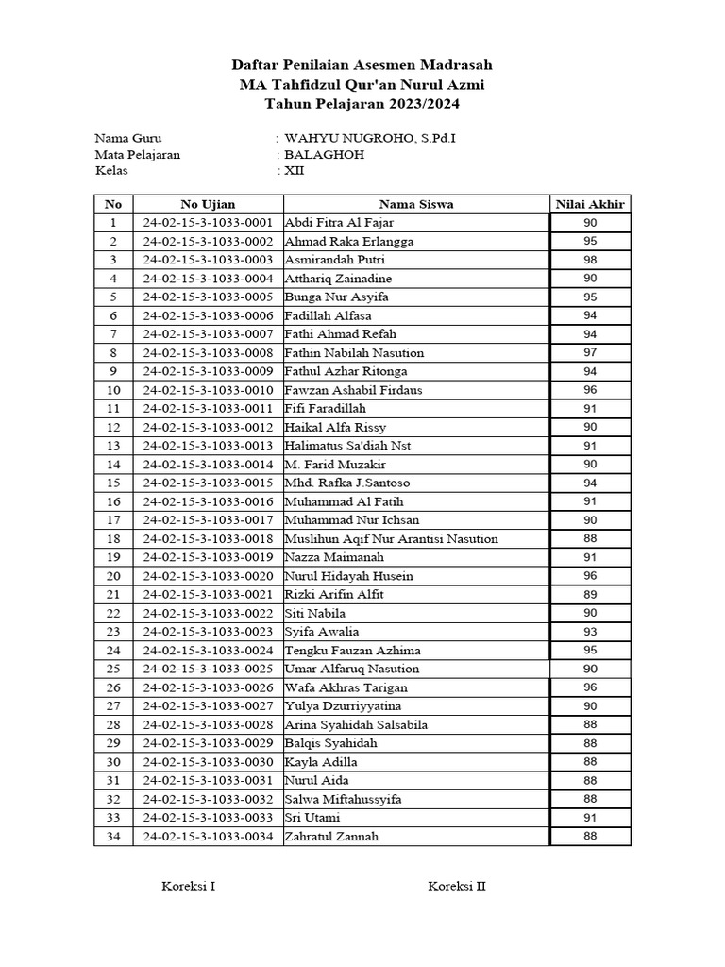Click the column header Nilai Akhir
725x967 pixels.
coord(590,204)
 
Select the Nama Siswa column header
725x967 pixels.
coord(415,204)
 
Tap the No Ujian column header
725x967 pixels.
coord(208,204)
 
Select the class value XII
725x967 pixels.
coord(295,171)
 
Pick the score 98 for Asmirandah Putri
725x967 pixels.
coord(590,260)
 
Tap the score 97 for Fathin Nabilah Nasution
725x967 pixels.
coord(590,352)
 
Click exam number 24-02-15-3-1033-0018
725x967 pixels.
coord(208,538)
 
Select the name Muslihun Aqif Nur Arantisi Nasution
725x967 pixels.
coord(391,538)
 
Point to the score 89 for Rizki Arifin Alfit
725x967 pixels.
coord(590,594)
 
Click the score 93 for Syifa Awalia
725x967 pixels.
coord(590,632)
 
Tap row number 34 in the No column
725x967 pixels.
coord(113,836)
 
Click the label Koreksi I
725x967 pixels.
coord(189,887)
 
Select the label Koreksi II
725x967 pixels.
coord(457,887)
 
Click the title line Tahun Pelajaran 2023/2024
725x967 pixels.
coord(362,103)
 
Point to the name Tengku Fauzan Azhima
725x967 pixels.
coord(352,650)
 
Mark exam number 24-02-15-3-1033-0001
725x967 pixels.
coord(208,223)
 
